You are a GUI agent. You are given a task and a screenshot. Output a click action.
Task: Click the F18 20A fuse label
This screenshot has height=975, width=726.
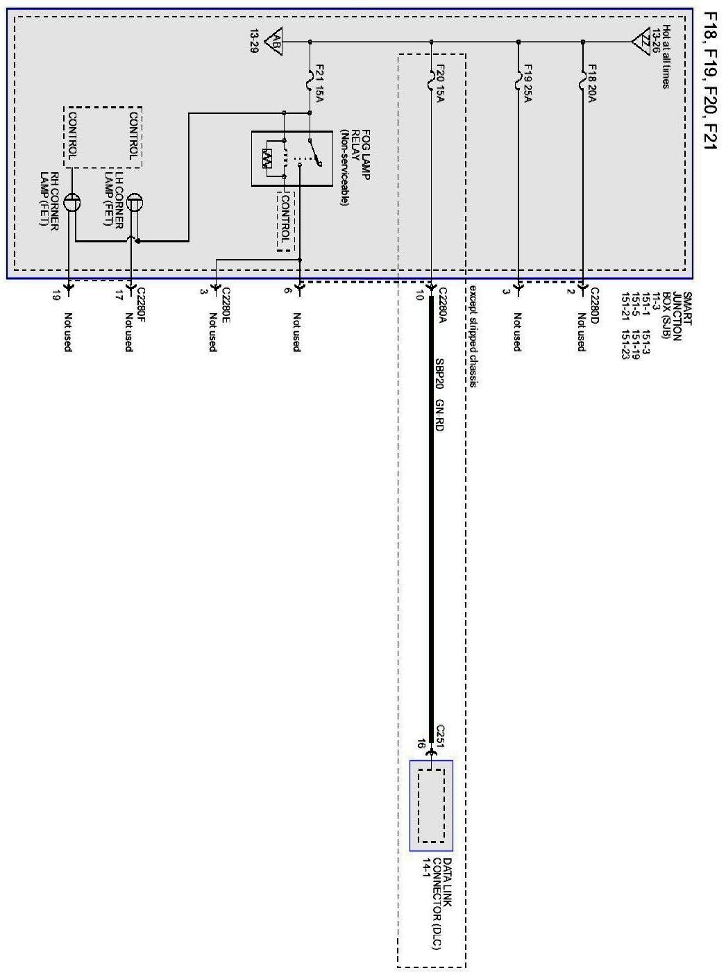tap(592, 83)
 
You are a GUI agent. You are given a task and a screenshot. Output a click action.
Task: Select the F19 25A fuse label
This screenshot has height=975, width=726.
tap(527, 84)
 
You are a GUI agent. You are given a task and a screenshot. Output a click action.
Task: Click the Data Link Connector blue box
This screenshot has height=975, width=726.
tap(431, 806)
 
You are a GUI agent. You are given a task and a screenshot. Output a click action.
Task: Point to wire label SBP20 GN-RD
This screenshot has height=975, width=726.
tap(439, 395)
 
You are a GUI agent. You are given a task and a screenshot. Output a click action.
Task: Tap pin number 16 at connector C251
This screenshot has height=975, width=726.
tap(421, 744)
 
